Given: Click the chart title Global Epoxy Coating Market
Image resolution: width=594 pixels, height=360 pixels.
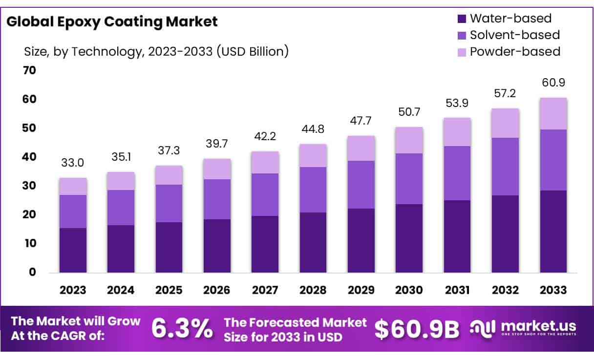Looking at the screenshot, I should click(112, 21).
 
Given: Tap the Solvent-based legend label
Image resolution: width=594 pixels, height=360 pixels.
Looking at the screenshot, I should click(514, 35).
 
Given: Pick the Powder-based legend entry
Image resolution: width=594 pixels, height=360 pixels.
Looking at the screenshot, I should click(514, 51).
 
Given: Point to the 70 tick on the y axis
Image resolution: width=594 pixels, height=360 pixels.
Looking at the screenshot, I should click(30, 70).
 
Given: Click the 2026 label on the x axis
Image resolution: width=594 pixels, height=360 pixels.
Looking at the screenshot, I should click(217, 290).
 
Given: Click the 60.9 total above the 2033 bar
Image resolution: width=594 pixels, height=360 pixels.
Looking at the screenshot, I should click(553, 82).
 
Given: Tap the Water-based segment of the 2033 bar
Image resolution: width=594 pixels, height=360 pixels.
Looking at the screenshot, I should click(553, 231).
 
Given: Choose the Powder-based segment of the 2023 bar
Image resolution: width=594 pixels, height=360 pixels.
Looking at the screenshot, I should click(73, 186).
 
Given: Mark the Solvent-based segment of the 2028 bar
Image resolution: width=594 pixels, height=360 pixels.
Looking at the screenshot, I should click(313, 190).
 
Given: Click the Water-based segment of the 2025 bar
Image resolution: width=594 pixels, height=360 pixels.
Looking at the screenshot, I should click(169, 247).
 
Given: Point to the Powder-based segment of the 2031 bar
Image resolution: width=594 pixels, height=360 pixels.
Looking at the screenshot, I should click(457, 132).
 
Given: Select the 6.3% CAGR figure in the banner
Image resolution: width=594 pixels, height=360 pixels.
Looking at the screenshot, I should click(182, 328).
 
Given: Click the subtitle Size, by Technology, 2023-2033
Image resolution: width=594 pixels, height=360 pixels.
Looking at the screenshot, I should click(156, 51).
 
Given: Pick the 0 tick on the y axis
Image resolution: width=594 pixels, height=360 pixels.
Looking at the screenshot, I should click(33, 272).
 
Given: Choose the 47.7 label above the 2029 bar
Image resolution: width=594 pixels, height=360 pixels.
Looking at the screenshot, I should click(361, 121).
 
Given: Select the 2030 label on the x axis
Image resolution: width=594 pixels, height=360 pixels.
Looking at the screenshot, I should click(409, 290).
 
